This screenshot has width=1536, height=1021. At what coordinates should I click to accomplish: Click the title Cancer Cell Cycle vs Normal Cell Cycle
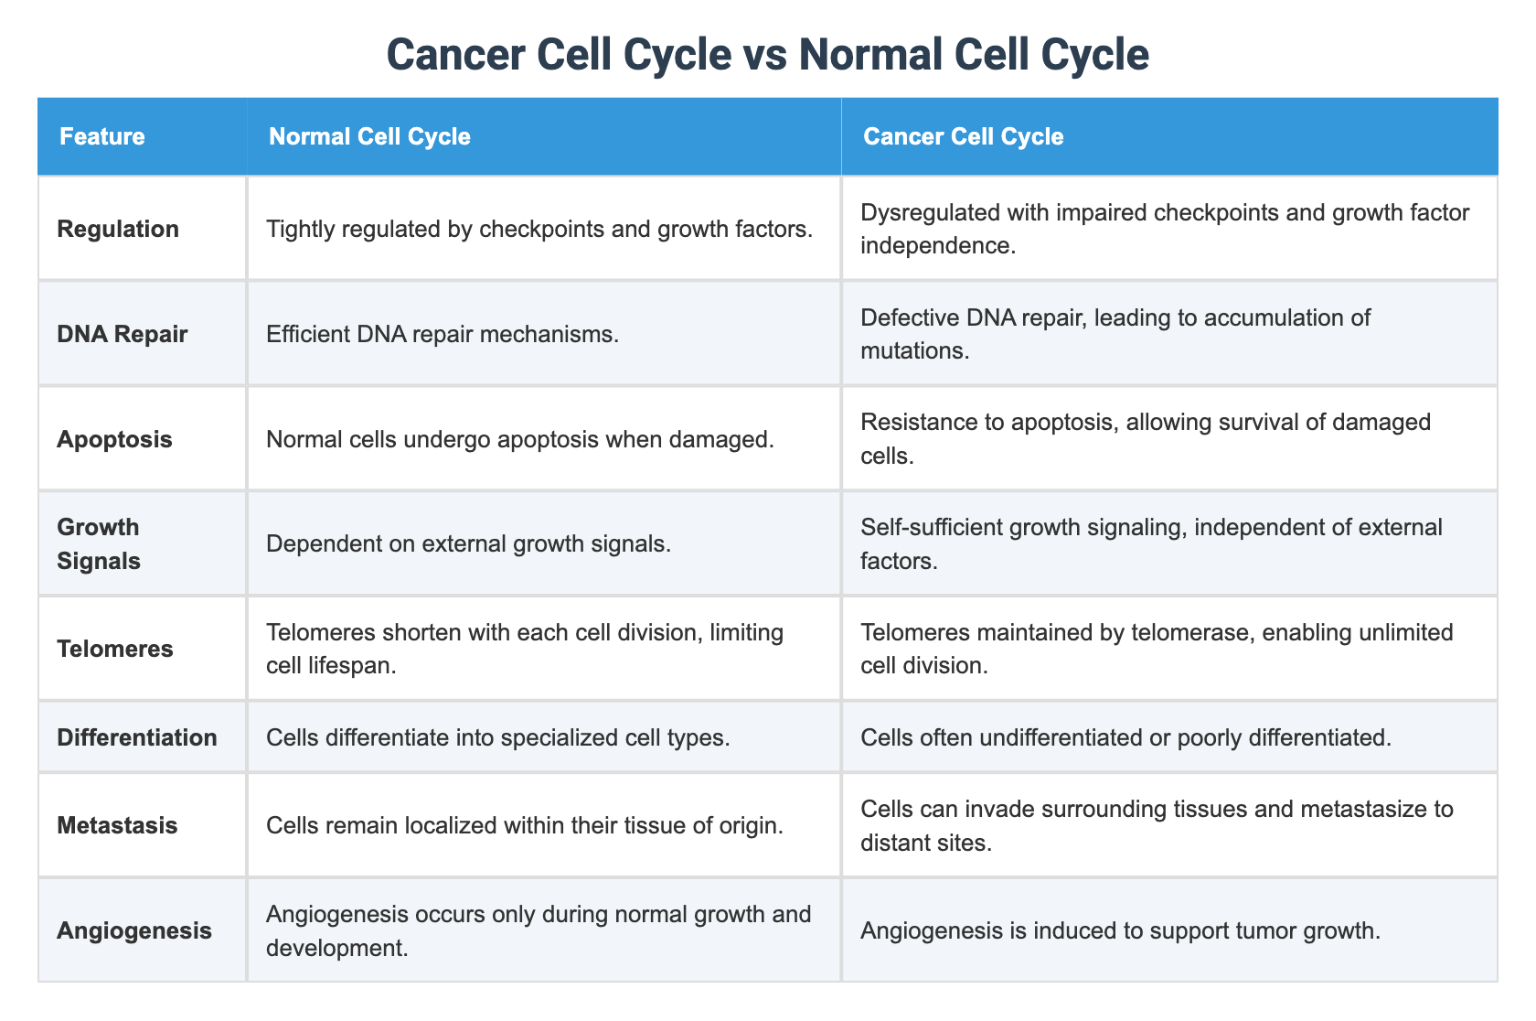tap(767, 56)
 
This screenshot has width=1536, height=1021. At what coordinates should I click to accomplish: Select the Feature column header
tap(101, 137)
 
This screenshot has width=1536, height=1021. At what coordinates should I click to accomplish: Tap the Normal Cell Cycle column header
tap(369, 137)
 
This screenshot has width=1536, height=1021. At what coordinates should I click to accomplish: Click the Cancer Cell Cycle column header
tap(963, 137)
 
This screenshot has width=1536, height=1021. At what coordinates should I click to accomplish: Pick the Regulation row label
tap(118, 229)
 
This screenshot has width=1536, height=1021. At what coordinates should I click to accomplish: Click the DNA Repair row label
tap(122, 334)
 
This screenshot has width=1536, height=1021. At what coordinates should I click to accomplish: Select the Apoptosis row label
tap(114, 439)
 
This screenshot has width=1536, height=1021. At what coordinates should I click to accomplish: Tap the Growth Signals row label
tap(99, 543)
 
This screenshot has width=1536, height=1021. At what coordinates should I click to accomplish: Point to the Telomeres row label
tap(114, 649)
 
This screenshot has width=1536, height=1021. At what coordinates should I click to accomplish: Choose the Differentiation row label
tap(137, 737)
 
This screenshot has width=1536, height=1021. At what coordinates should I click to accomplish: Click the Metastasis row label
tap(117, 825)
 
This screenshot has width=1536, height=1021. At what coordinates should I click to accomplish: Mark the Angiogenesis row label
tap(133, 930)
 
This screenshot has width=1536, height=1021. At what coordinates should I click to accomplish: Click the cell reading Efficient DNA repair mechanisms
tap(443, 334)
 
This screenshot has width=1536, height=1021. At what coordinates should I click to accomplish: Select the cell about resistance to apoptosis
tap(1145, 439)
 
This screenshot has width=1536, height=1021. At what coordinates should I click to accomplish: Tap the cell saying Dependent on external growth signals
tap(468, 543)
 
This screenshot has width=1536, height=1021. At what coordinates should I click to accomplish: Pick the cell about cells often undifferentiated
tap(1125, 737)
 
